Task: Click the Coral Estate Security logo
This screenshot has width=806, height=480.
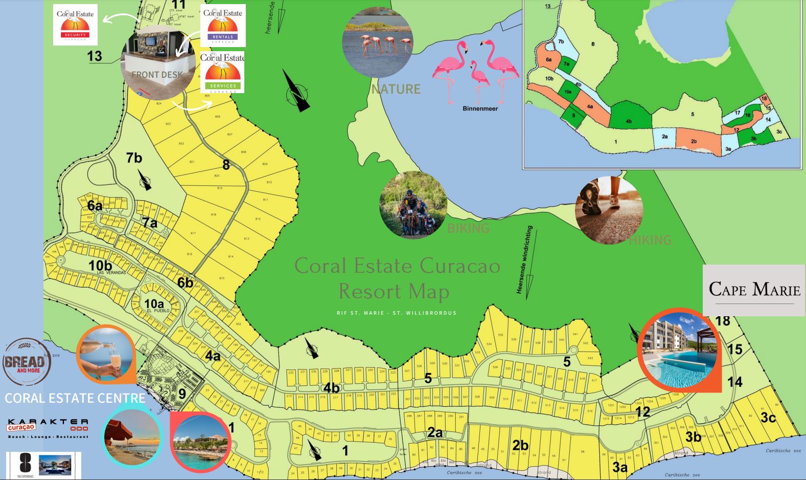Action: pos(75,25)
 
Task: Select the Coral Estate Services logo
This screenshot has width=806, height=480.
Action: pos(222,72)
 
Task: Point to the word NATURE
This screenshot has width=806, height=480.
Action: pos(396,89)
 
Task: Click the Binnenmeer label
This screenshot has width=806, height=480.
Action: pos(480,108)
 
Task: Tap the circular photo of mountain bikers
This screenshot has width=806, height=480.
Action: pos(413,205)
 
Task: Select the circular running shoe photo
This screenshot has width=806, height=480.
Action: pos(609,210)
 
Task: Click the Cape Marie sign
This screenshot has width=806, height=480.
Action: pos(754,290)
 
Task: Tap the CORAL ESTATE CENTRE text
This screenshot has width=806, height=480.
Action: pos(75,398)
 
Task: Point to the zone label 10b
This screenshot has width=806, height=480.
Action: pos(100,266)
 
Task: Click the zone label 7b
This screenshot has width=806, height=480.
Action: pos(134,158)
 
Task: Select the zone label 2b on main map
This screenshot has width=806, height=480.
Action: pos(520,445)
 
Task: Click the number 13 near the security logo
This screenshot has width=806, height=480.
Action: pos(95,56)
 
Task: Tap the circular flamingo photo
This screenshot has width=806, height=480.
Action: pos(378,41)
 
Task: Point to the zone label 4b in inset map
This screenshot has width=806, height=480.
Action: pos(629,121)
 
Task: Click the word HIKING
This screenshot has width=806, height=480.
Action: pos(650,239)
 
